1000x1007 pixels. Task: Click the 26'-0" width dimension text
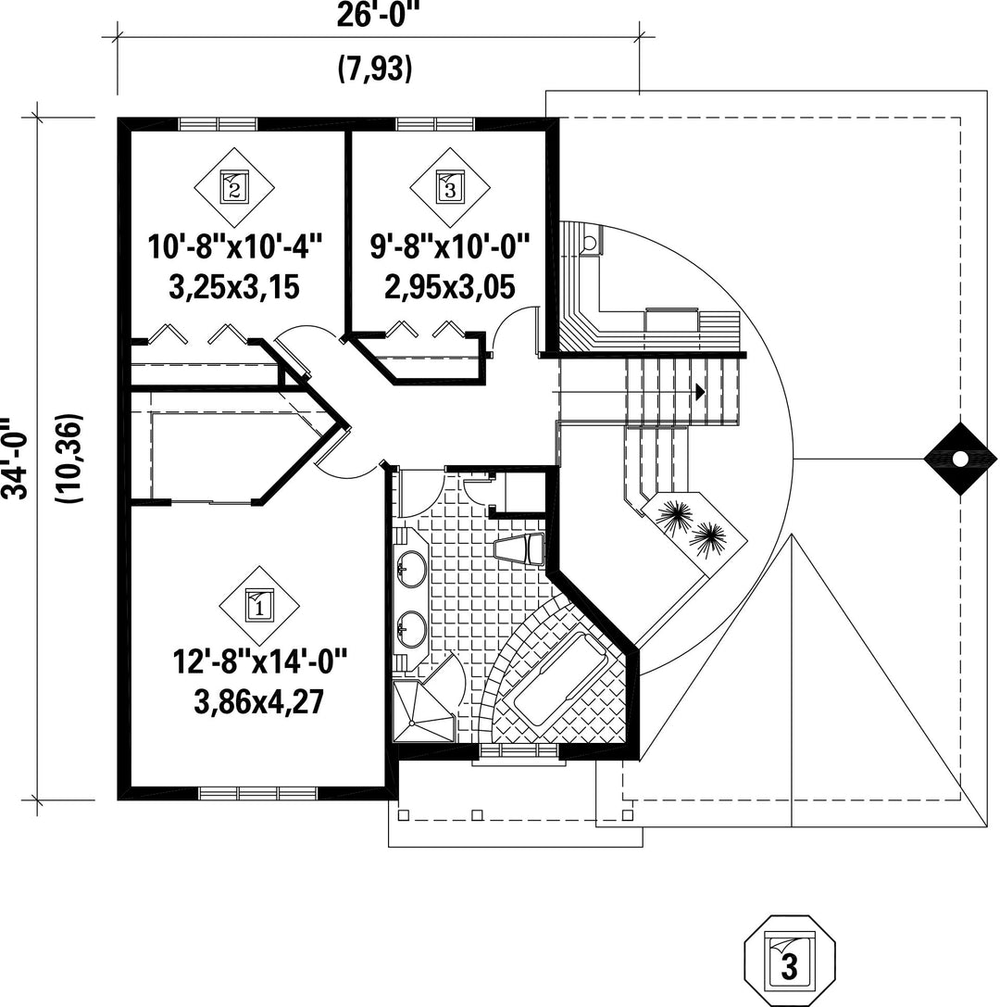click(373, 16)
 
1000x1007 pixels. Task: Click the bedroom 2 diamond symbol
click(234, 187)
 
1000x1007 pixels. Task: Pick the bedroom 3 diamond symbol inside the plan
click(450, 187)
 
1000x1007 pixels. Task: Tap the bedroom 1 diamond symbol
click(259, 606)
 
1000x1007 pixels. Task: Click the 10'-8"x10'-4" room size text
click(235, 246)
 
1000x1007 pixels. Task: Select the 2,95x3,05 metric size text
click(450, 287)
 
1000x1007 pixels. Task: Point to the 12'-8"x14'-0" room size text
click(260, 661)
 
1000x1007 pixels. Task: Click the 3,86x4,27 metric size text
click(259, 702)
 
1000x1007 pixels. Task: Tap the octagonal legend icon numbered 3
click(790, 961)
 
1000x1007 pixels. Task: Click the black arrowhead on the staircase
click(700, 391)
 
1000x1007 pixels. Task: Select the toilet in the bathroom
click(520, 548)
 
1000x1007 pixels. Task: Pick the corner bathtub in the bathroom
click(559, 680)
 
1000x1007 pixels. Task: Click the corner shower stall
click(424, 711)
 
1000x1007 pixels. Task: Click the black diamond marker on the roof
click(960, 459)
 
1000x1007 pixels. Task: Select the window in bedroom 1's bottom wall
click(258, 793)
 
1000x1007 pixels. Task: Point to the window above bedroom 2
click(218, 124)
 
